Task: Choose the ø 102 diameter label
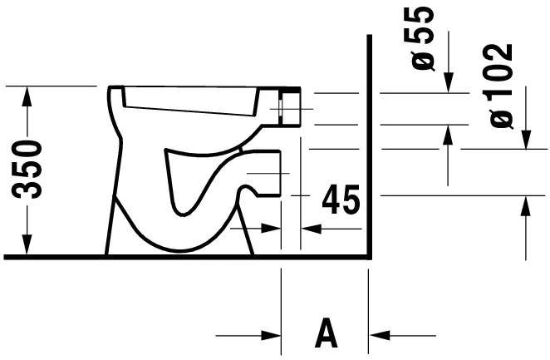coord(501,84)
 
